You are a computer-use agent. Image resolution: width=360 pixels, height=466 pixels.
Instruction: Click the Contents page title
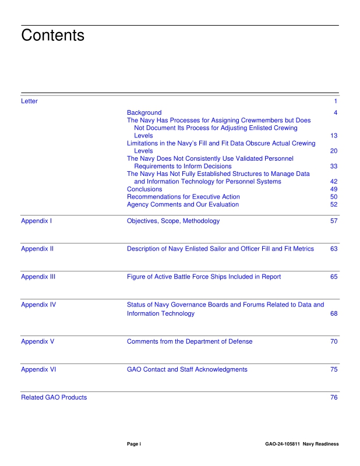coord(52,36)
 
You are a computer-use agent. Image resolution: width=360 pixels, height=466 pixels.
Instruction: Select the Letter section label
coord(29,101)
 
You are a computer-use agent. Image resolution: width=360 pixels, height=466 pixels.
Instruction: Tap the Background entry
coord(144,112)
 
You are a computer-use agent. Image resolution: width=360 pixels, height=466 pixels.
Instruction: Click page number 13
coord(334,135)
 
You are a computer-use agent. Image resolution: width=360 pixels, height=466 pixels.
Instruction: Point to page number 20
coord(334,151)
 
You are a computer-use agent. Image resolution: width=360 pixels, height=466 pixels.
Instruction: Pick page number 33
coord(334,166)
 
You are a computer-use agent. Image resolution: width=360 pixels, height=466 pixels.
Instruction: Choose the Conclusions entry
coord(144,189)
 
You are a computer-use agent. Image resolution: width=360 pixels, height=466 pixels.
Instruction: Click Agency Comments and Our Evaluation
coord(182,204)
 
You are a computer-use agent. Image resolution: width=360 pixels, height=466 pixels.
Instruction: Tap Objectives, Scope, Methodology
coord(173,221)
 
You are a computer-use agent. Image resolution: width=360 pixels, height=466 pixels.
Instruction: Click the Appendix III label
coord(38,277)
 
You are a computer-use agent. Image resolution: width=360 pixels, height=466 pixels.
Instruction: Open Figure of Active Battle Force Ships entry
coord(203,277)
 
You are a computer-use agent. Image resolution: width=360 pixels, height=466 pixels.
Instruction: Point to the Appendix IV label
coord(38,305)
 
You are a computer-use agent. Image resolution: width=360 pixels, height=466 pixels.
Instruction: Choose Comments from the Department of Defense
coord(189,341)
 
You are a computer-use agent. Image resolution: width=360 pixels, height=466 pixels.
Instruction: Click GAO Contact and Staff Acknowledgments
coord(186,369)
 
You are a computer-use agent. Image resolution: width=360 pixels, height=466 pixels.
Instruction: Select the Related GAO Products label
coord(54,397)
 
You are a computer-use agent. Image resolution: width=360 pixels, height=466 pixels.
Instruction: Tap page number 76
coord(334,397)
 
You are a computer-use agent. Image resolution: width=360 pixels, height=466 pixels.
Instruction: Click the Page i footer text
coord(134,444)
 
